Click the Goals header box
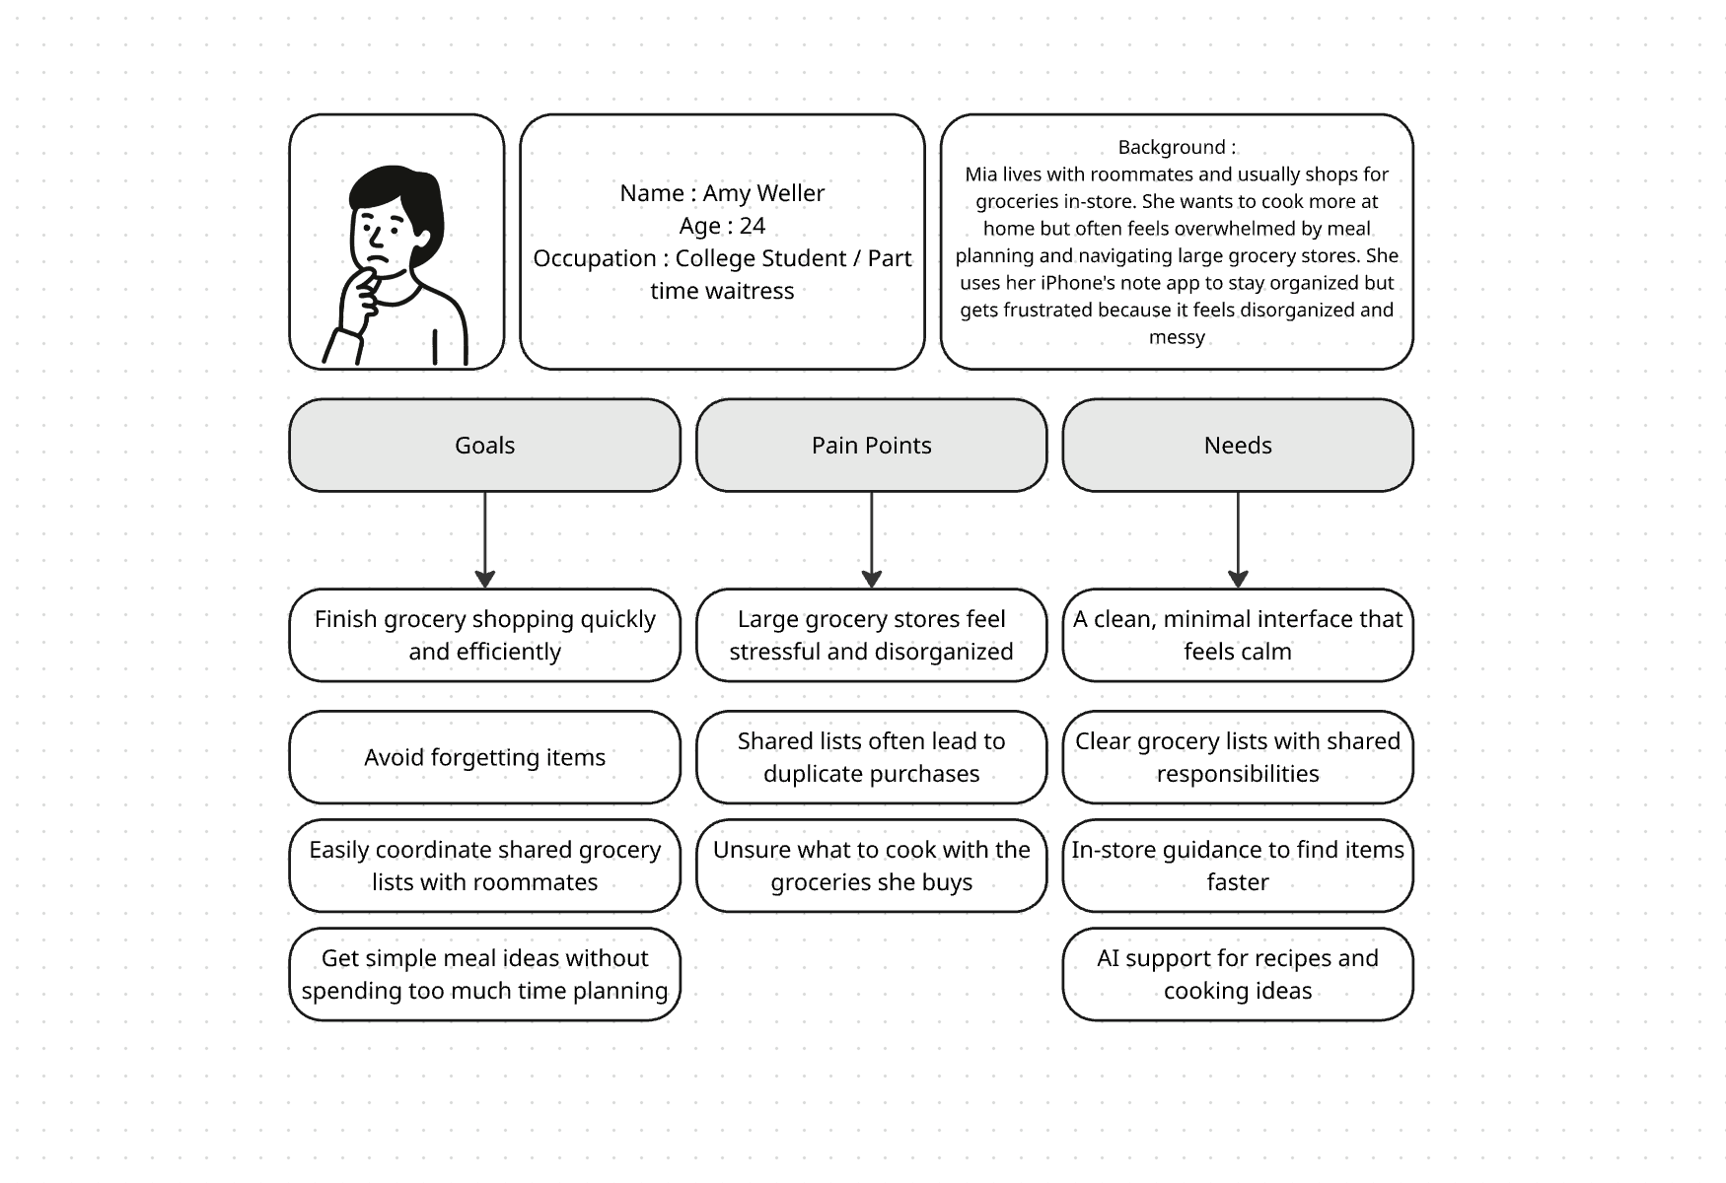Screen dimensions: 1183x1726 [x=484, y=445]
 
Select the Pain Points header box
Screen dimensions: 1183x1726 [x=871, y=445]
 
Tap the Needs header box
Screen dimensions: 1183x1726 [x=1237, y=445]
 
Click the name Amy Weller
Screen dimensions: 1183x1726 [x=763, y=193]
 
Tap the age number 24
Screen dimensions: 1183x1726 [x=752, y=226]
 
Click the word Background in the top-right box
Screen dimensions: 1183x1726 [x=1171, y=147]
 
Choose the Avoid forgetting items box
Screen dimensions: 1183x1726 [x=484, y=757]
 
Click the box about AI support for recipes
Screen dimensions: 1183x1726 [x=1237, y=974]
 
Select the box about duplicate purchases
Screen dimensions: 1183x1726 [x=871, y=757]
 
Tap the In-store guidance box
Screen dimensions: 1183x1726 [x=1237, y=866]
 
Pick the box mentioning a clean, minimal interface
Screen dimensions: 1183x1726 [x=1237, y=635]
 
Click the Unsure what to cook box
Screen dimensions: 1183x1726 [x=871, y=866]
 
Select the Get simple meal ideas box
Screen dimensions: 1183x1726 [x=484, y=974]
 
